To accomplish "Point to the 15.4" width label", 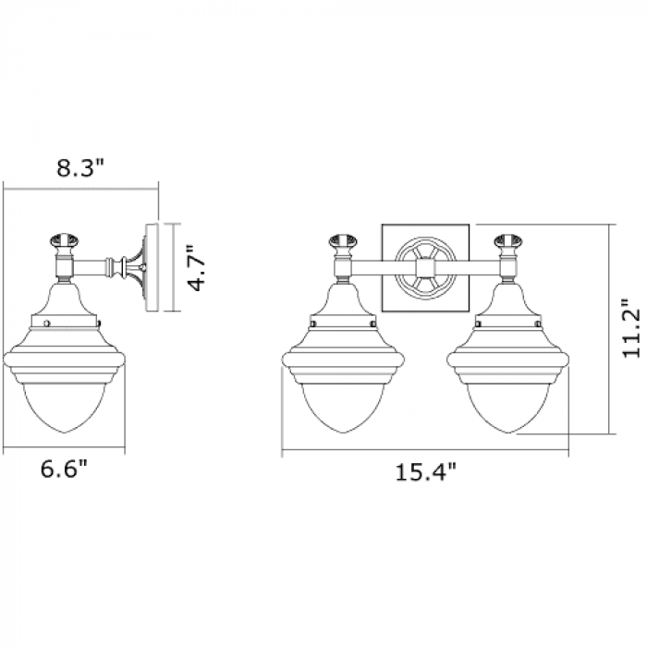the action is (x=426, y=471).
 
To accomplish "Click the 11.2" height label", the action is (x=631, y=327).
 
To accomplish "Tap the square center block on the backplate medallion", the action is (x=425, y=268).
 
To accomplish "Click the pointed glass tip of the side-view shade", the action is (x=64, y=433).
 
